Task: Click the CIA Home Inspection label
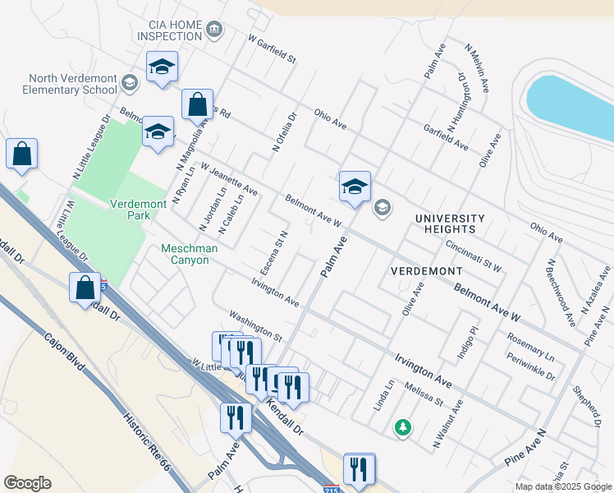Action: point(169,31)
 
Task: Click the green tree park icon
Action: point(402,426)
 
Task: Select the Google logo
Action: point(27,483)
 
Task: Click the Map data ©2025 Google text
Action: point(562,486)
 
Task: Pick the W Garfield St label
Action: point(271,49)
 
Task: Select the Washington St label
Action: point(255,325)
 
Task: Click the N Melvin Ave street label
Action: point(477,67)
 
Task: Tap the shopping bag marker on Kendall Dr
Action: point(85,288)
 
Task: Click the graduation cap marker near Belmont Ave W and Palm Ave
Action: point(355,187)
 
